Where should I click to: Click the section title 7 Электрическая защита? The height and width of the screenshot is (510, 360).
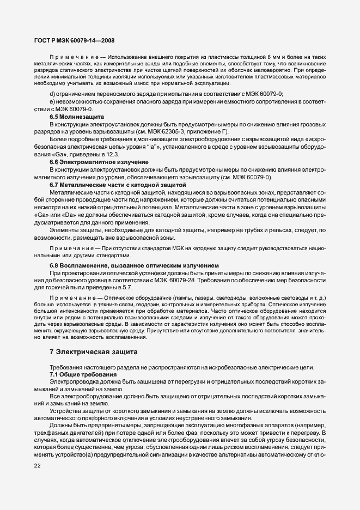click(x=94, y=351)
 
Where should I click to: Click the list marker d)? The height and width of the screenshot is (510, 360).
click(x=52, y=94)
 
